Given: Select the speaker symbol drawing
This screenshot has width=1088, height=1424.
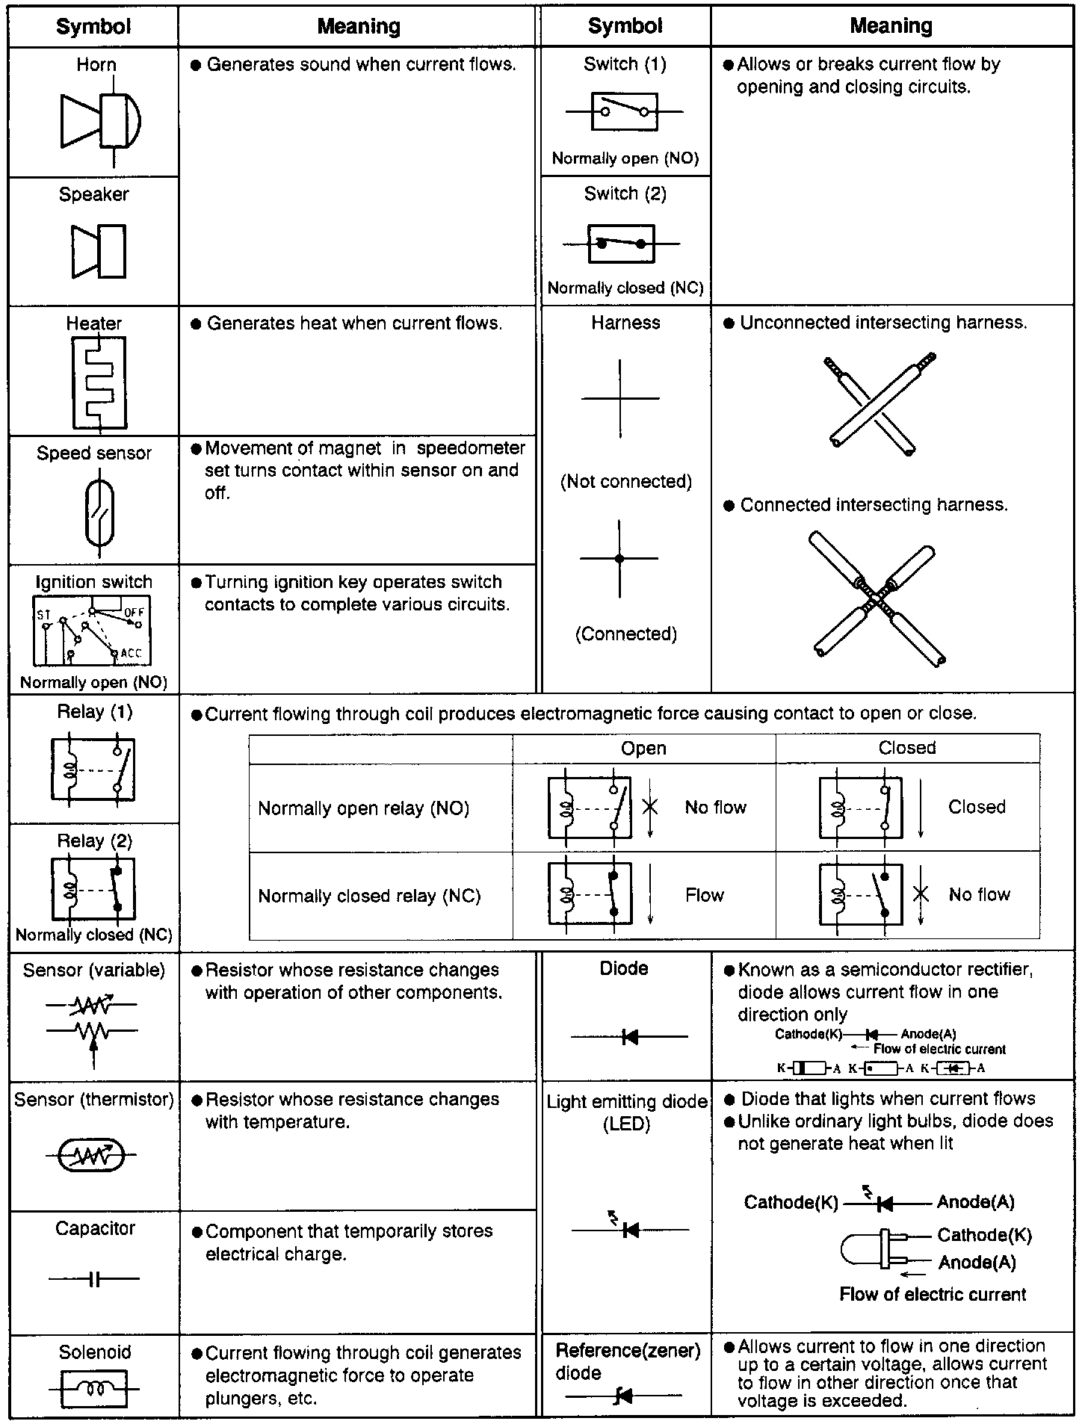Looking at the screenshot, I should pos(100,251).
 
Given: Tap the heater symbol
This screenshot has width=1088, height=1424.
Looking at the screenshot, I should pos(99,383).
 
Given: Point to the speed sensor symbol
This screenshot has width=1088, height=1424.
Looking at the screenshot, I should pos(99,513).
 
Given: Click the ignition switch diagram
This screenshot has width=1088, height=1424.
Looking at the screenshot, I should pos(92,631).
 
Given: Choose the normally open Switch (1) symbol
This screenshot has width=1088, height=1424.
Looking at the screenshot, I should pos(624,112).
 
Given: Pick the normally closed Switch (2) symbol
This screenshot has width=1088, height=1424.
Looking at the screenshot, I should pos(621,244).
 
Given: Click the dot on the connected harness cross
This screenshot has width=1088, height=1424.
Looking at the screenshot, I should pos(619,558).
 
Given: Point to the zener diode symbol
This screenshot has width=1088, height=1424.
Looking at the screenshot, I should pos(623,1395).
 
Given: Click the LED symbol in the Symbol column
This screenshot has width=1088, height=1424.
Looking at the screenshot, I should pos(629,1229).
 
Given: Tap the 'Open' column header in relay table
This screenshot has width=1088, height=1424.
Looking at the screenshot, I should pos(643,748).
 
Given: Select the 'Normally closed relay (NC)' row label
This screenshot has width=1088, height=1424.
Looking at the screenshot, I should pos(369,895).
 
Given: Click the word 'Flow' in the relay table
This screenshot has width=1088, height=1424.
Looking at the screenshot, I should pos(704,895).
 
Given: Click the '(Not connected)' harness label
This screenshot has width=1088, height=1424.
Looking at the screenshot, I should pos(625,481).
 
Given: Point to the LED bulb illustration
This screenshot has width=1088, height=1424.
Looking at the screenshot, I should pos(874,1248).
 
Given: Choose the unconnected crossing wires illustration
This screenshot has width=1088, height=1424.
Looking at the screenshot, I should pos(880,403).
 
